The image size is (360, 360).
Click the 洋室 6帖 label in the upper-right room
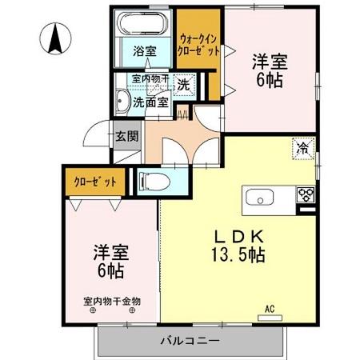coord(270,70)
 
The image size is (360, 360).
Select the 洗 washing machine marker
coord(183,83)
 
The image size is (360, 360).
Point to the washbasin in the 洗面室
coord(122,102)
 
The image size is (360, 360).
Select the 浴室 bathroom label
coord(144,50)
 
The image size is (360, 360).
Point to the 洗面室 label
coord(150,102)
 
